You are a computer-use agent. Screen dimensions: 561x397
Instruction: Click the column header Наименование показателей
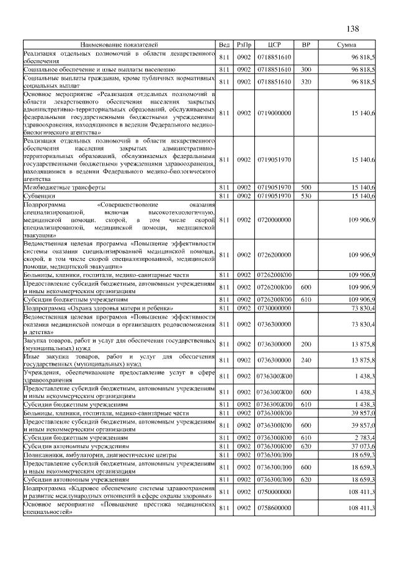118,45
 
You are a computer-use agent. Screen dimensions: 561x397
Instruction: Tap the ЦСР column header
274,45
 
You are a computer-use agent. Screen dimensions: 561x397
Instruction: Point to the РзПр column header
244,45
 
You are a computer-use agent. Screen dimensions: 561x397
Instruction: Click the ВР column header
305,45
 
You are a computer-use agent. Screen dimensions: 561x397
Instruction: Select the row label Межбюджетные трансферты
64,187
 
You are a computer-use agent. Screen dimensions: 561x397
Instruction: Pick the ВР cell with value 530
305,196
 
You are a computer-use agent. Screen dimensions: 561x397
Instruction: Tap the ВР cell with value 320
305,81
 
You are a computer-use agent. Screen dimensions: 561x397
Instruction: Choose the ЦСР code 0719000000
274,113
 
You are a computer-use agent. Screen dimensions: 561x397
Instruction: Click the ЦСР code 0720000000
274,219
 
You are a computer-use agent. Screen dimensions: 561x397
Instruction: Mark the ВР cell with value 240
305,359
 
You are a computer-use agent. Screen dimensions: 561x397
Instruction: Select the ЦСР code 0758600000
274,508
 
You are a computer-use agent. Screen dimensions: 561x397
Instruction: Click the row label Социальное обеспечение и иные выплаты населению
99,69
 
